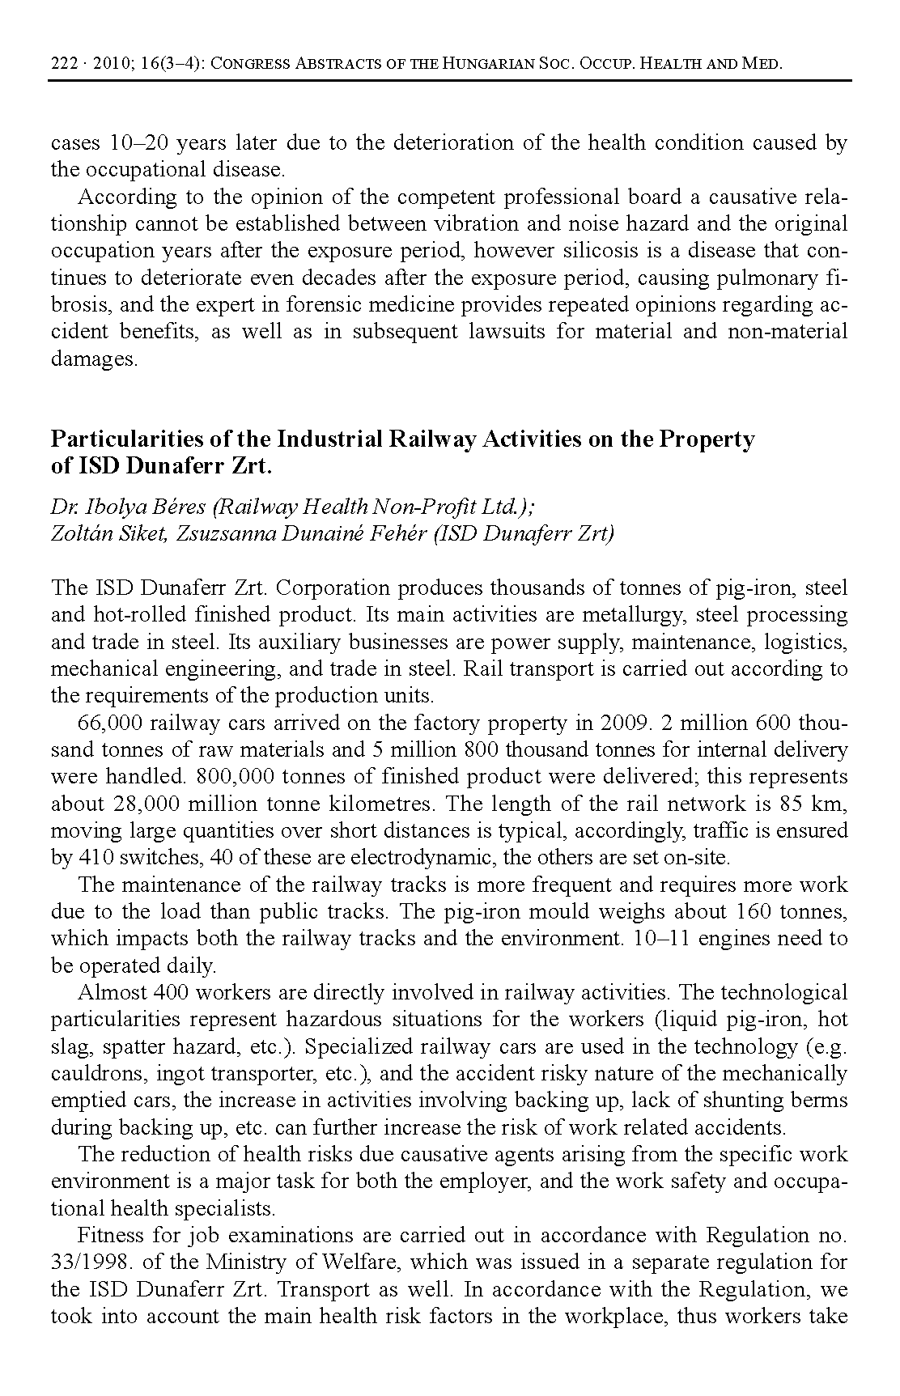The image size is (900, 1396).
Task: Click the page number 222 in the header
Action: click(x=62, y=64)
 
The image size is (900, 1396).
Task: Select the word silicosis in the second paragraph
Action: click(x=603, y=251)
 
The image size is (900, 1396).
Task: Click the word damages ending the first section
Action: click(x=94, y=359)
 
